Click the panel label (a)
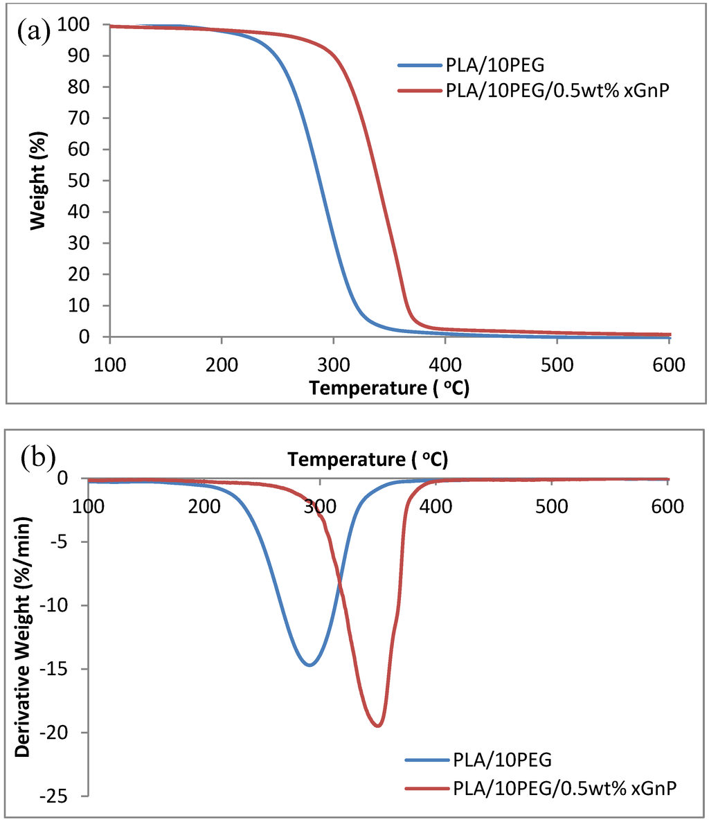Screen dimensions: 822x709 [x=34, y=32]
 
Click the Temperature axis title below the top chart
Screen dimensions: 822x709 [x=389, y=388]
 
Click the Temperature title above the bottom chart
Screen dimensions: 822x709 [x=367, y=459]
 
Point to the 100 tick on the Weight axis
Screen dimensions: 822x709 [x=85, y=25]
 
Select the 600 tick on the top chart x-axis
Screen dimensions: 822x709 [x=669, y=364]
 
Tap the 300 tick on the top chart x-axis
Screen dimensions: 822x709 [x=334, y=364]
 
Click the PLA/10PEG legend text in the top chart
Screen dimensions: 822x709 [x=496, y=66]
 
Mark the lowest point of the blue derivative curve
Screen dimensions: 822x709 [x=309, y=665]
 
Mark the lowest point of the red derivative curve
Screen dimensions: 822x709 [x=377, y=726]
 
